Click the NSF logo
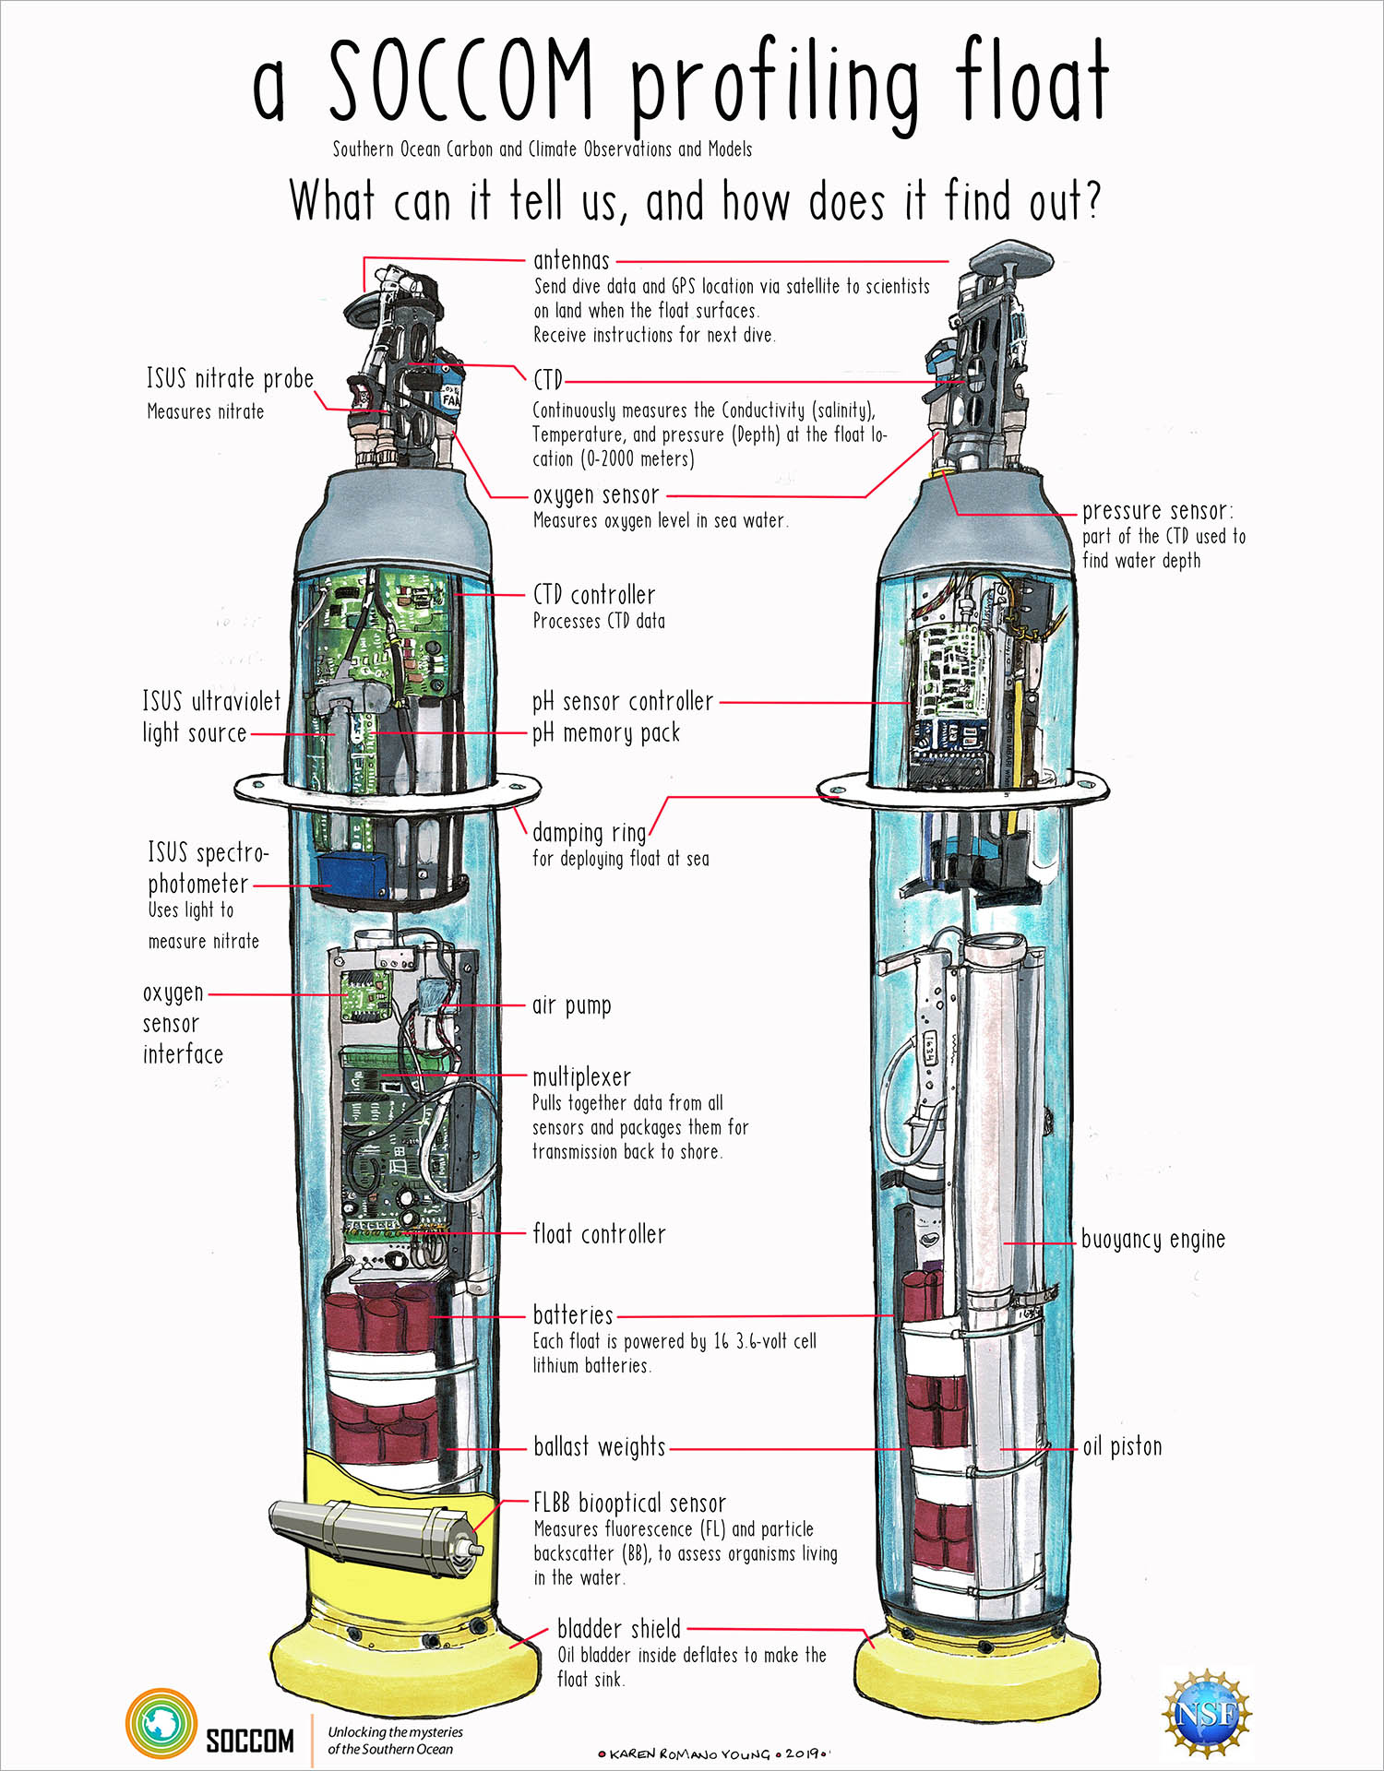pyautogui.click(x=1206, y=1713)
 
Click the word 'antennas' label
pyautogui.click(x=571, y=261)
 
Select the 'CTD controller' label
pyautogui.click(x=594, y=595)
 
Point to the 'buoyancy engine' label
pyautogui.click(x=1152, y=1240)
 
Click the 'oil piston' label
pyautogui.click(x=1122, y=1446)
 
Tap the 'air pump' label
pyautogui.click(x=571, y=1005)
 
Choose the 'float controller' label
pyautogui.click(x=599, y=1234)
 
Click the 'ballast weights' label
pyautogui.click(x=599, y=1446)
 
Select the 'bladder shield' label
pyautogui.click(x=619, y=1628)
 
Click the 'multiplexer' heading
pyautogui.click(x=581, y=1076)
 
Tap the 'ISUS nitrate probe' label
pyautogui.click(x=230, y=379)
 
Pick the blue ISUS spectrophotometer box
pyautogui.click(x=351, y=871)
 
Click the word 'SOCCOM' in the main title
pyautogui.click(x=461, y=83)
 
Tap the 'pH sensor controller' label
pyautogui.click(x=623, y=702)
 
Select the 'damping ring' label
pyautogui.click(x=589, y=833)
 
